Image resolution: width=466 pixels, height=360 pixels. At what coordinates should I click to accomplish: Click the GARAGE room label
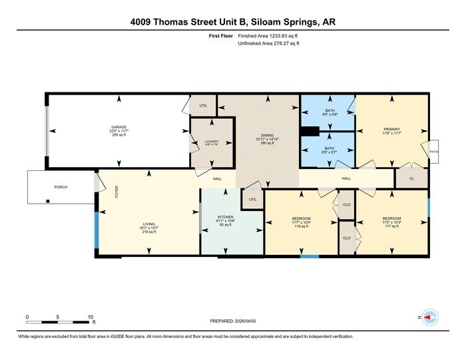point(119,127)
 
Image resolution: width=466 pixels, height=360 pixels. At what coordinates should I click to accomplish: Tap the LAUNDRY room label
point(212,141)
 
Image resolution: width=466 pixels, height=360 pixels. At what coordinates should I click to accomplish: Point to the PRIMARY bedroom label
point(391,130)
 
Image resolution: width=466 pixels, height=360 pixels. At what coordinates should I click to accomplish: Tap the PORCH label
point(61,187)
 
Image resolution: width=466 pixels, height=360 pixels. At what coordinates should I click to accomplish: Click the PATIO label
point(434,152)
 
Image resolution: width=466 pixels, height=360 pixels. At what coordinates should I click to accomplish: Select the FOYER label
point(116,193)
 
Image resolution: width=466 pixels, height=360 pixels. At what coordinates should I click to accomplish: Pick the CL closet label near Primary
point(412,178)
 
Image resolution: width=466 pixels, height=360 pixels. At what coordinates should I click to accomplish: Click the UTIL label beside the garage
point(203,105)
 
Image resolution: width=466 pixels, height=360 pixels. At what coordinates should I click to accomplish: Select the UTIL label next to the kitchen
point(252,199)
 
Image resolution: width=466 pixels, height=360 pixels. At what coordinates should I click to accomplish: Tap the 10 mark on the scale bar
point(90,317)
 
